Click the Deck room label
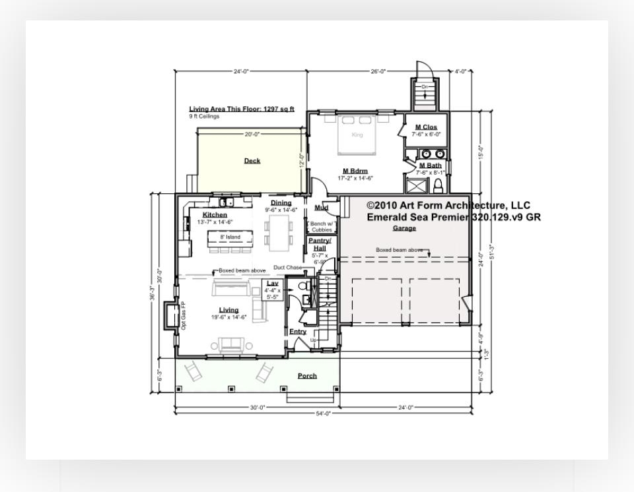point(252,161)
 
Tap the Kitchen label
point(215,215)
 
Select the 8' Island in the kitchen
point(230,237)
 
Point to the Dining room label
point(281,203)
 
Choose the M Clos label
point(426,127)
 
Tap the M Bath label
point(431,166)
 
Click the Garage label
point(405,228)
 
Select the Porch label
point(307,376)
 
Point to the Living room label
point(229,310)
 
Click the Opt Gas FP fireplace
point(174,315)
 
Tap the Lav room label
point(273,284)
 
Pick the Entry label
point(298,331)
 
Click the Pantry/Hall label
point(320,245)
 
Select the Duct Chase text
point(287,268)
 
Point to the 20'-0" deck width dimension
point(252,135)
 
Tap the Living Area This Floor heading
point(242,109)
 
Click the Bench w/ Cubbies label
point(322,227)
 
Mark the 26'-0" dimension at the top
point(378,71)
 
